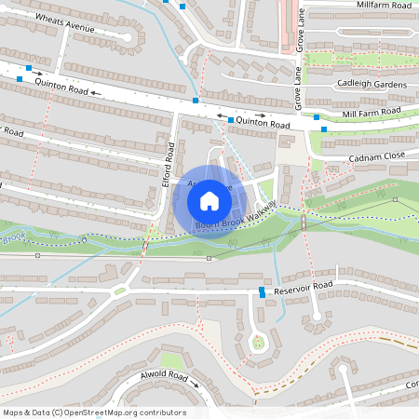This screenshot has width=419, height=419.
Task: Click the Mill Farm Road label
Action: [x=372, y=112]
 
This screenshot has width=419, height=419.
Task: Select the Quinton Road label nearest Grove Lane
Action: [x=264, y=121]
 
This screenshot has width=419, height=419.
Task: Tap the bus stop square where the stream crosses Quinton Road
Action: [x=196, y=101]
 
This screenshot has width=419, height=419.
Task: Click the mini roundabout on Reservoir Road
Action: [x=119, y=291]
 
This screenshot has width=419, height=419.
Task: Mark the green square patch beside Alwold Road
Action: [x=170, y=359]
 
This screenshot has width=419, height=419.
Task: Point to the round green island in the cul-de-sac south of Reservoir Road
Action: [x=258, y=344]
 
